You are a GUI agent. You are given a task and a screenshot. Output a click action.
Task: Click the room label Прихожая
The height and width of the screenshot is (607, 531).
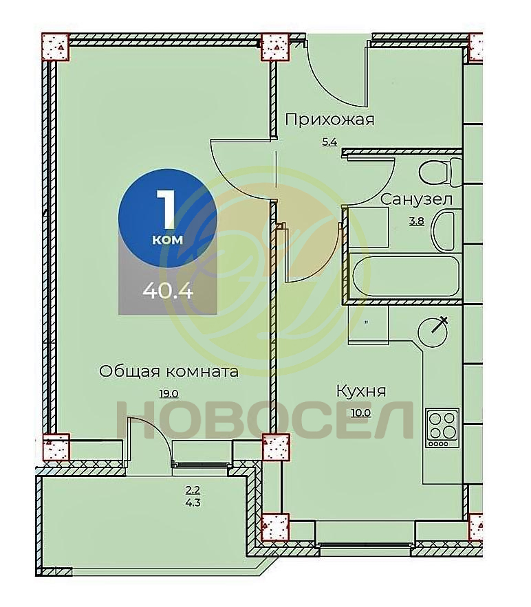(x=329, y=120)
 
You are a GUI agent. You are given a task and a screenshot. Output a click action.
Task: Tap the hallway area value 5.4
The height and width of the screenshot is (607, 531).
(x=329, y=142)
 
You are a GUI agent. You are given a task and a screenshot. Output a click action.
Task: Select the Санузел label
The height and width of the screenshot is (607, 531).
(x=416, y=199)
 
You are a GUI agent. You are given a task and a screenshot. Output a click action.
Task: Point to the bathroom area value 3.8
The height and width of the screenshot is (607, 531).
(x=417, y=221)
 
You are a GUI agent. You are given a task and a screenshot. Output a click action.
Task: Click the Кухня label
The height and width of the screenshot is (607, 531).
(x=361, y=391)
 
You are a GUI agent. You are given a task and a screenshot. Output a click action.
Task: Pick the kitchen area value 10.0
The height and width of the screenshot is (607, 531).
(x=360, y=412)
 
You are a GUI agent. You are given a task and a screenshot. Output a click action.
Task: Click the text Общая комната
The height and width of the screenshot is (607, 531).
(x=169, y=372)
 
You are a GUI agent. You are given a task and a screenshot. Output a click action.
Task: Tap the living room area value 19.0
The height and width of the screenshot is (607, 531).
(x=169, y=394)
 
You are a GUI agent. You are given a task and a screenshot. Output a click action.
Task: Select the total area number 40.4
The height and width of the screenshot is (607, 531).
(x=168, y=290)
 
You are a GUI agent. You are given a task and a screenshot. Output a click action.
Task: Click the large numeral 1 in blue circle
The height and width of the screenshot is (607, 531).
(x=166, y=209)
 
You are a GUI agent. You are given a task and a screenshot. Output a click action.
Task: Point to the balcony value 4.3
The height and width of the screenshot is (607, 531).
(x=193, y=503)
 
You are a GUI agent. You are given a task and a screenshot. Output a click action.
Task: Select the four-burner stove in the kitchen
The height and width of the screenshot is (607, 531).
(x=442, y=428)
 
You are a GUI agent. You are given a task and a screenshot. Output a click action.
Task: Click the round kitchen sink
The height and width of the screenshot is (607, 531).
(x=433, y=331)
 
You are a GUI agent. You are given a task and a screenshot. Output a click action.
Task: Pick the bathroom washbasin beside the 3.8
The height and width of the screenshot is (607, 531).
(x=446, y=230)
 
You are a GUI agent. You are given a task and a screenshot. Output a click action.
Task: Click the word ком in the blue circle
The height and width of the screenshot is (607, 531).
(x=167, y=240)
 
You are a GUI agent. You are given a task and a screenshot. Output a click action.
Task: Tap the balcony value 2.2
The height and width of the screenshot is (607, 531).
(x=193, y=489)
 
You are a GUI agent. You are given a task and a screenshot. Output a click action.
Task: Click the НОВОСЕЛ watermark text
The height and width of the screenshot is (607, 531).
(x=265, y=421)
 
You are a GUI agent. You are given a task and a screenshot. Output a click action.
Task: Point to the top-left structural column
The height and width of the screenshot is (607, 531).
(x=56, y=47)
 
